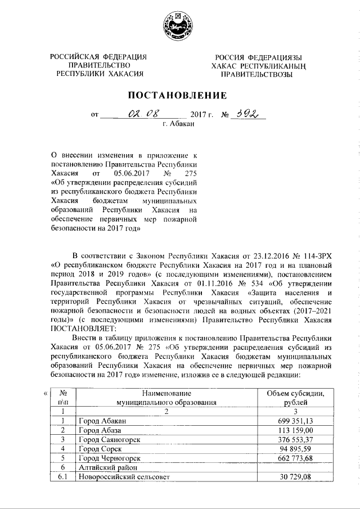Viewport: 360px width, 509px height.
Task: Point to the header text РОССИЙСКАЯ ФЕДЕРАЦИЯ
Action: pyautogui.click(x=98, y=56)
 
